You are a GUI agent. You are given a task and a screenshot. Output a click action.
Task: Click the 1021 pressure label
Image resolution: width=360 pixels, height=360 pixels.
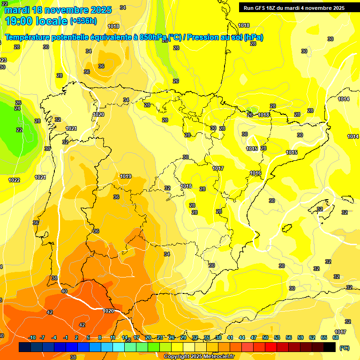[x=71, y=128]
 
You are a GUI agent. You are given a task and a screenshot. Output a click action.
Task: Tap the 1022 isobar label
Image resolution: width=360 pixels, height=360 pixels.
[x=14, y=180]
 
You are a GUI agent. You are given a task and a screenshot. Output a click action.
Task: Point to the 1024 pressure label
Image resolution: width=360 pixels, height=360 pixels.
[x=40, y=177]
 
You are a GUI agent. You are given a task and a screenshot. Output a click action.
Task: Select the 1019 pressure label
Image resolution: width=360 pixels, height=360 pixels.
[x=126, y=177]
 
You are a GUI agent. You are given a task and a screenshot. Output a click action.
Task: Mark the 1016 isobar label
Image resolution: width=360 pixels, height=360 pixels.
[x=255, y=173]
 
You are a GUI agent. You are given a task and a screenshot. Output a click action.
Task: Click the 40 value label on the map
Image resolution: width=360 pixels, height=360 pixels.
[x=64, y=291]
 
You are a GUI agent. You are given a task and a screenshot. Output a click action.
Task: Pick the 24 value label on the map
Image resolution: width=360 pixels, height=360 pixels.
[x=17, y=108]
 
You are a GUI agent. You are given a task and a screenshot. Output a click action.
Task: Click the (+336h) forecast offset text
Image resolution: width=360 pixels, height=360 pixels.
[x=83, y=21]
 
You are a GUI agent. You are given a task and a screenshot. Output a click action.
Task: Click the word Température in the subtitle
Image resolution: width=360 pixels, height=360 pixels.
[x=31, y=37]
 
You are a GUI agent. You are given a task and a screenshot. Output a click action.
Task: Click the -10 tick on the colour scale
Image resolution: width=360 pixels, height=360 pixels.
[x=32, y=338]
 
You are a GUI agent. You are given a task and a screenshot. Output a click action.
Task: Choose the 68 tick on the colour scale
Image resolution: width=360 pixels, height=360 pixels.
[x=336, y=338]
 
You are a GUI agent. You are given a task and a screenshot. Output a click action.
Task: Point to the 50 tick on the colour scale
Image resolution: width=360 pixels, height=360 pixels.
[x=265, y=338]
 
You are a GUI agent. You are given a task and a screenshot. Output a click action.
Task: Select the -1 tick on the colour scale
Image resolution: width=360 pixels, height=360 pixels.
[x=66, y=338]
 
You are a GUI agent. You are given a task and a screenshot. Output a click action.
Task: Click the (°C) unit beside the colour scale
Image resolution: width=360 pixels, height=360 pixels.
[x=344, y=347]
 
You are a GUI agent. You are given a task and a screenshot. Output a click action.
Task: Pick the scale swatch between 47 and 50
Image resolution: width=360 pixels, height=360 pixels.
[x=259, y=347]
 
